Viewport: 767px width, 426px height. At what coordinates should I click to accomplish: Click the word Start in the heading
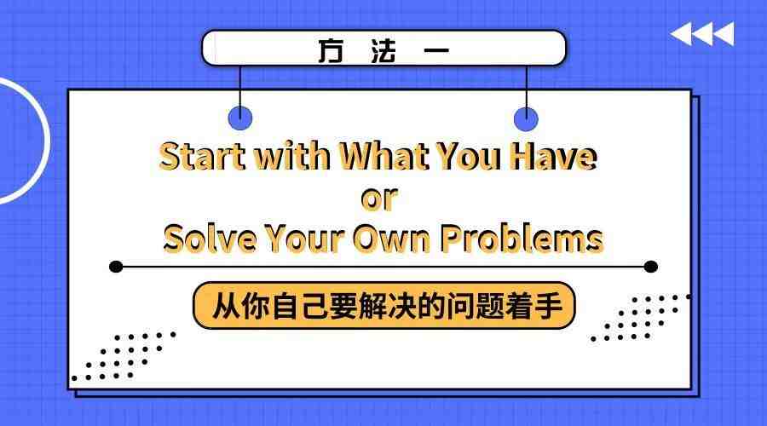click(x=203, y=156)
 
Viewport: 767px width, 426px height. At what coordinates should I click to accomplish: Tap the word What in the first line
click(x=384, y=156)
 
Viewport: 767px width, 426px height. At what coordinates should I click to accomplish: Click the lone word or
click(x=379, y=199)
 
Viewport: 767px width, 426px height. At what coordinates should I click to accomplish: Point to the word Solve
click(x=210, y=239)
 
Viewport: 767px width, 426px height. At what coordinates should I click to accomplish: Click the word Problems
click(x=522, y=239)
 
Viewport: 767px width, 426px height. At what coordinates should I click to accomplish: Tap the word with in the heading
click(x=293, y=156)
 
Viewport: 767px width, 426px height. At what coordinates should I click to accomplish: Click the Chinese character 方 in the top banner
click(x=331, y=51)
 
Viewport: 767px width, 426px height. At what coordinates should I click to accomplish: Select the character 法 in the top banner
click(x=383, y=51)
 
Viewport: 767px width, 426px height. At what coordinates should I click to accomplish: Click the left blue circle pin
click(x=240, y=118)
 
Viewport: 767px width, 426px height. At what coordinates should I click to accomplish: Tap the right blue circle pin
click(x=527, y=119)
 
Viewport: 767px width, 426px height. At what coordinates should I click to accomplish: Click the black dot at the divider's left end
click(x=116, y=267)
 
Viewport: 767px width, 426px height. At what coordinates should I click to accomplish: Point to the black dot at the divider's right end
click(x=650, y=267)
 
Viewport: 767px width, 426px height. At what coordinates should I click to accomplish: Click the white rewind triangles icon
click(x=702, y=34)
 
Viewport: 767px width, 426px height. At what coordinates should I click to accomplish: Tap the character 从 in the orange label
click(x=226, y=306)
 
